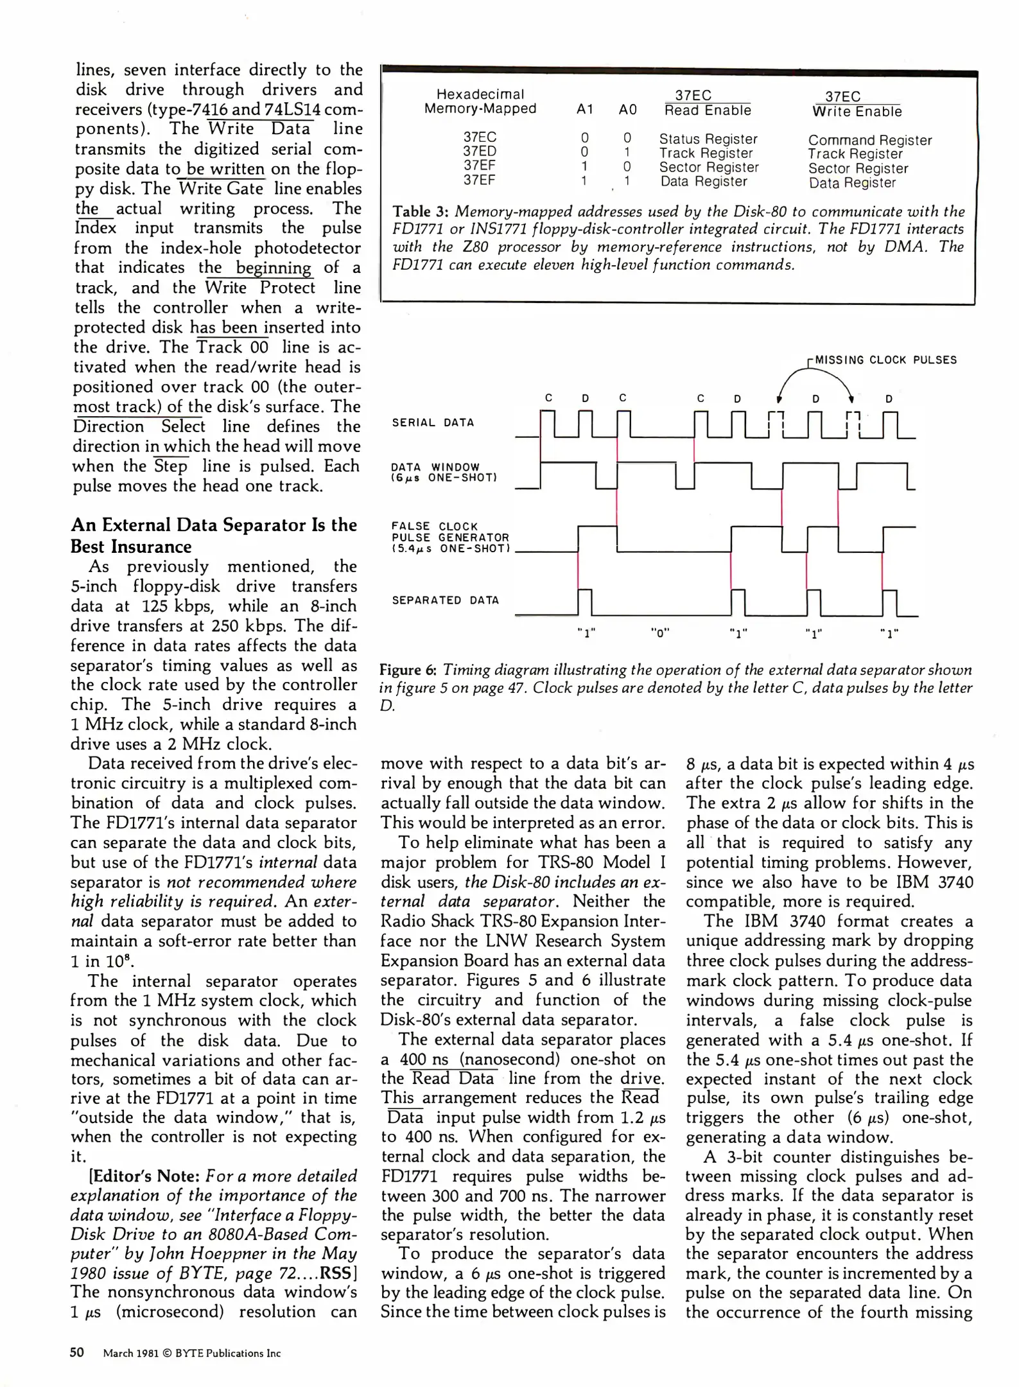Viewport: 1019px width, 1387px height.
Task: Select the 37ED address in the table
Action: pos(480,152)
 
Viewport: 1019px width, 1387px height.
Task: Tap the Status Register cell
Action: pos(708,139)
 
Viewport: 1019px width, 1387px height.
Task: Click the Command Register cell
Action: pos(869,140)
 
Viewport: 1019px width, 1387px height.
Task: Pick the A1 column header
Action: pos(584,110)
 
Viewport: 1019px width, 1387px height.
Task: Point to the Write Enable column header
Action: pos(857,112)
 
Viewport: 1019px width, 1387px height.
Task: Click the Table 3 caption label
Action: pos(420,211)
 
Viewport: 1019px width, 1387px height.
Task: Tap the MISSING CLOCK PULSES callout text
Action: pos(885,360)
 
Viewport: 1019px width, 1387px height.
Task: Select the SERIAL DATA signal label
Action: pos(433,423)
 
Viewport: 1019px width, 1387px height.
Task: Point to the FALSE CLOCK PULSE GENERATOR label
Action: pos(450,537)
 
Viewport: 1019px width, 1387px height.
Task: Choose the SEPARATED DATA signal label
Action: pos(445,600)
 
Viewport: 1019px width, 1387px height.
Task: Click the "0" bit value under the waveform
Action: pos(660,632)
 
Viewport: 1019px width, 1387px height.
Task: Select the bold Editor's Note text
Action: pos(145,1176)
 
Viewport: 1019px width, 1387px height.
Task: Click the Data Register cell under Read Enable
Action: pos(704,181)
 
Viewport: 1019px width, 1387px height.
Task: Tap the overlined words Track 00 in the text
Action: pos(232,347)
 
